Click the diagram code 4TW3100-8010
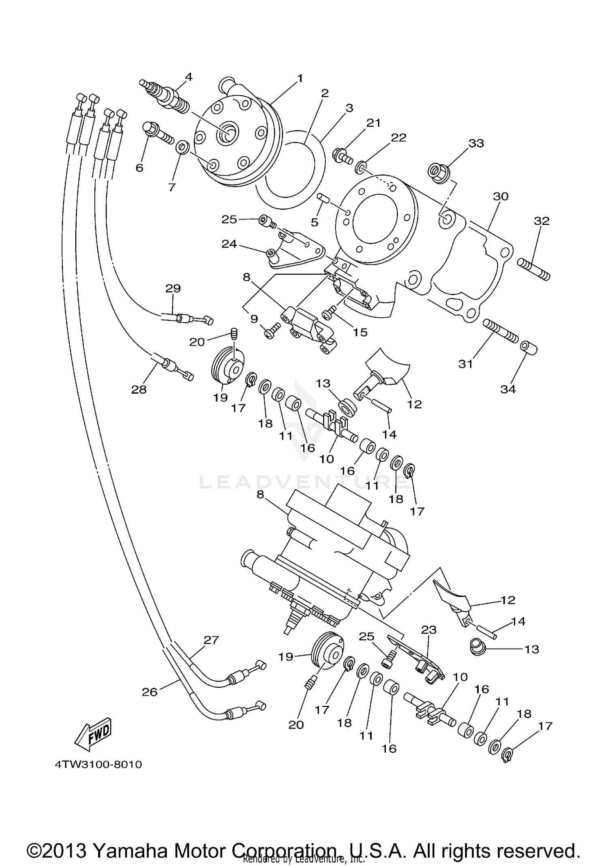click(x=98, y=765)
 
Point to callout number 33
click(x=476, y=143)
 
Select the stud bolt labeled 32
click(x=533, y=269)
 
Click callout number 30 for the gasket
click(x=501, y=196)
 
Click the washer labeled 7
click(x=182, y=147)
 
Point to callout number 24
click(x=229, y=244)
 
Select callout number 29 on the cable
click(x=173, y=288)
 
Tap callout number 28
click(x=139, y=389)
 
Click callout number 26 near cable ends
click(x=149, y=692)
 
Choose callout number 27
click(x=211, y=640)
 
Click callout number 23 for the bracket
click(x=429, y=630)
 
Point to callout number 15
click(x=360, y=332)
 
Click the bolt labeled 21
click(x=342, y=155)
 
